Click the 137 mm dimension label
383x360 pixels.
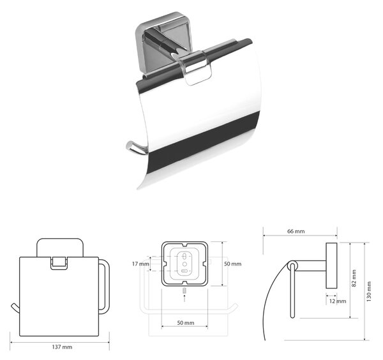click(x=62, y=347)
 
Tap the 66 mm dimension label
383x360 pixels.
click(x=296, y=231)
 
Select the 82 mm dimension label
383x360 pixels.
click(x=354, y=278)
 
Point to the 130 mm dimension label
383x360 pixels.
click(x=368, y=292)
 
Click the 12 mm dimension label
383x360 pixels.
click(x=338, y=301)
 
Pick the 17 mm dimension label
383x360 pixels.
click(x=140, y=264)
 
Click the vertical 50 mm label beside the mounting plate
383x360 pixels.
click(x=233, y=264)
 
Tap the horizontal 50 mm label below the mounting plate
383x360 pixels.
click(x=186, y=322)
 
